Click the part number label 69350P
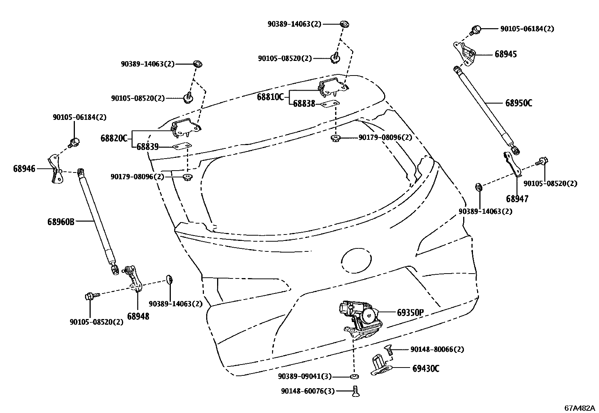410,312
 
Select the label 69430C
426,369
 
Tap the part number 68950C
518,103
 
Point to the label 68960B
61,222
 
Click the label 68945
506,54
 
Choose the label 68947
517,199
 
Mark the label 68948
138,316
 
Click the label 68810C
270,97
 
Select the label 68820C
114,138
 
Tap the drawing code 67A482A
579,408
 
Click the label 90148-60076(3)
307,391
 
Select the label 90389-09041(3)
305,376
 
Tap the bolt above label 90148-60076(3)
354,391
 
